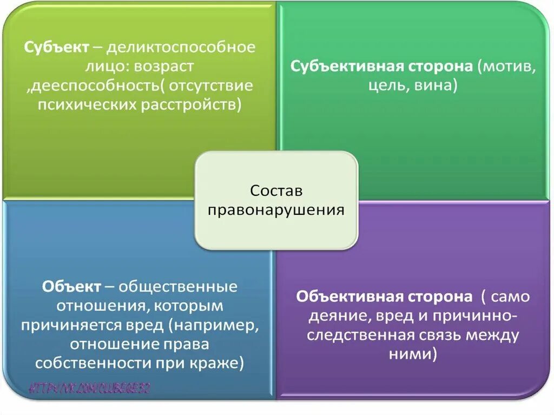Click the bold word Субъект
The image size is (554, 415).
tap(56, 47)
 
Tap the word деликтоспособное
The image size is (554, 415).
tap(180, 47)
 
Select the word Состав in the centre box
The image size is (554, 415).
tap(276, 191)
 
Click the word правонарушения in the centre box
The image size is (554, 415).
tap(276, 210)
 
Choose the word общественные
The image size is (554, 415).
tap(178, 286)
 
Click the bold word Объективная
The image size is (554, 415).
tap(346, 297)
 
